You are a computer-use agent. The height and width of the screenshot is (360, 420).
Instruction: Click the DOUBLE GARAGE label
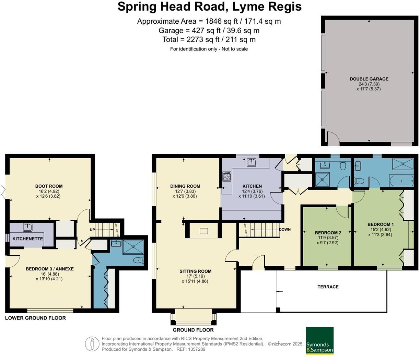coord(369,79)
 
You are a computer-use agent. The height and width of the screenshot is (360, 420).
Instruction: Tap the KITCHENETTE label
coord(28,239)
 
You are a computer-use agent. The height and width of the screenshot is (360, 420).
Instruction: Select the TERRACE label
coord(328,287)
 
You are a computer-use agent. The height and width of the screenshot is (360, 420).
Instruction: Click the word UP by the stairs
coord(92,230)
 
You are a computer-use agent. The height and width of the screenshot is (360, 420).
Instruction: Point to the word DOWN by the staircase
coord(285,229)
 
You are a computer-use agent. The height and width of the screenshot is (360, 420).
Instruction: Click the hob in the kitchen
coord(227,176)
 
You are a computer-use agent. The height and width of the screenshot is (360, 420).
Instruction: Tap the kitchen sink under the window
coord(252,163)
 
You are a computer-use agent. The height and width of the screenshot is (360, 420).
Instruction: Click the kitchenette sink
coord(28,227)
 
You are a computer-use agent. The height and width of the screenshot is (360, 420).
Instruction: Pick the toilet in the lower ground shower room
coord(139,260)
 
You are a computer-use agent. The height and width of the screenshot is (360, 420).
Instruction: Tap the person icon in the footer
coord(92,344)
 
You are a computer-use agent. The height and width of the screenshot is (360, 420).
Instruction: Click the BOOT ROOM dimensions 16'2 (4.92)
coord(49,191)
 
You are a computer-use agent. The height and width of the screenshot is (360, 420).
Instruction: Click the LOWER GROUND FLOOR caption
coord(36,318)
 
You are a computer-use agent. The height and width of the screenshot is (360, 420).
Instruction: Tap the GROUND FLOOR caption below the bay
coord(193,330)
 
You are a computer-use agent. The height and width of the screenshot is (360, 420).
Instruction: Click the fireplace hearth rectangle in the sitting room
coord(203,231)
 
